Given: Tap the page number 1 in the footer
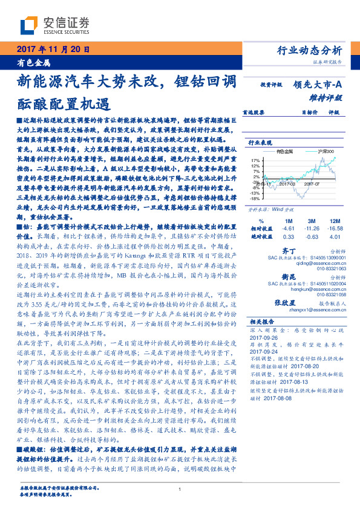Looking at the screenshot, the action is pyautogui.click(x=180, y=490).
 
